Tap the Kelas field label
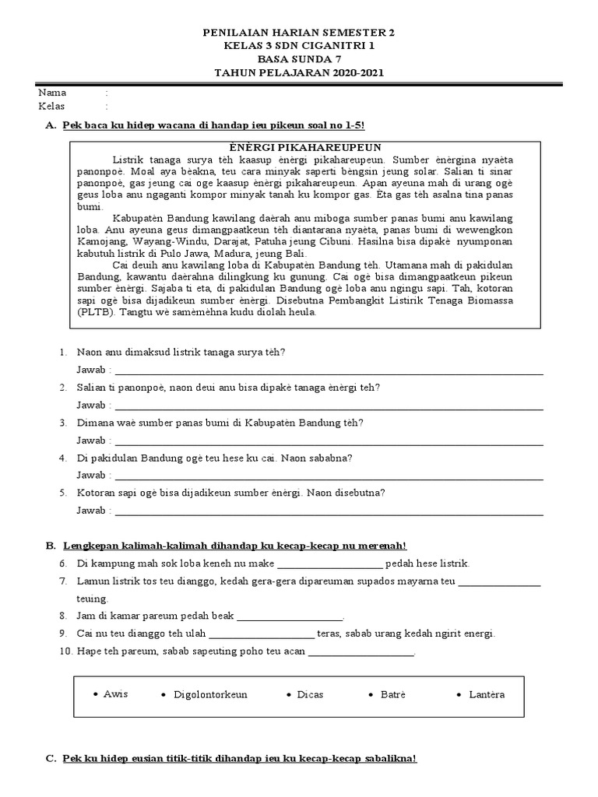click(x=52, y=106)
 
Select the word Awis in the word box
click(x=115, y=693)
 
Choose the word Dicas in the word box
click(x=310, y=694)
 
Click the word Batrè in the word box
click(x=393, y=694)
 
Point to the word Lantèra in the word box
click(x=487, y=694)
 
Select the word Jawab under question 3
click(x=92, y=441)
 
